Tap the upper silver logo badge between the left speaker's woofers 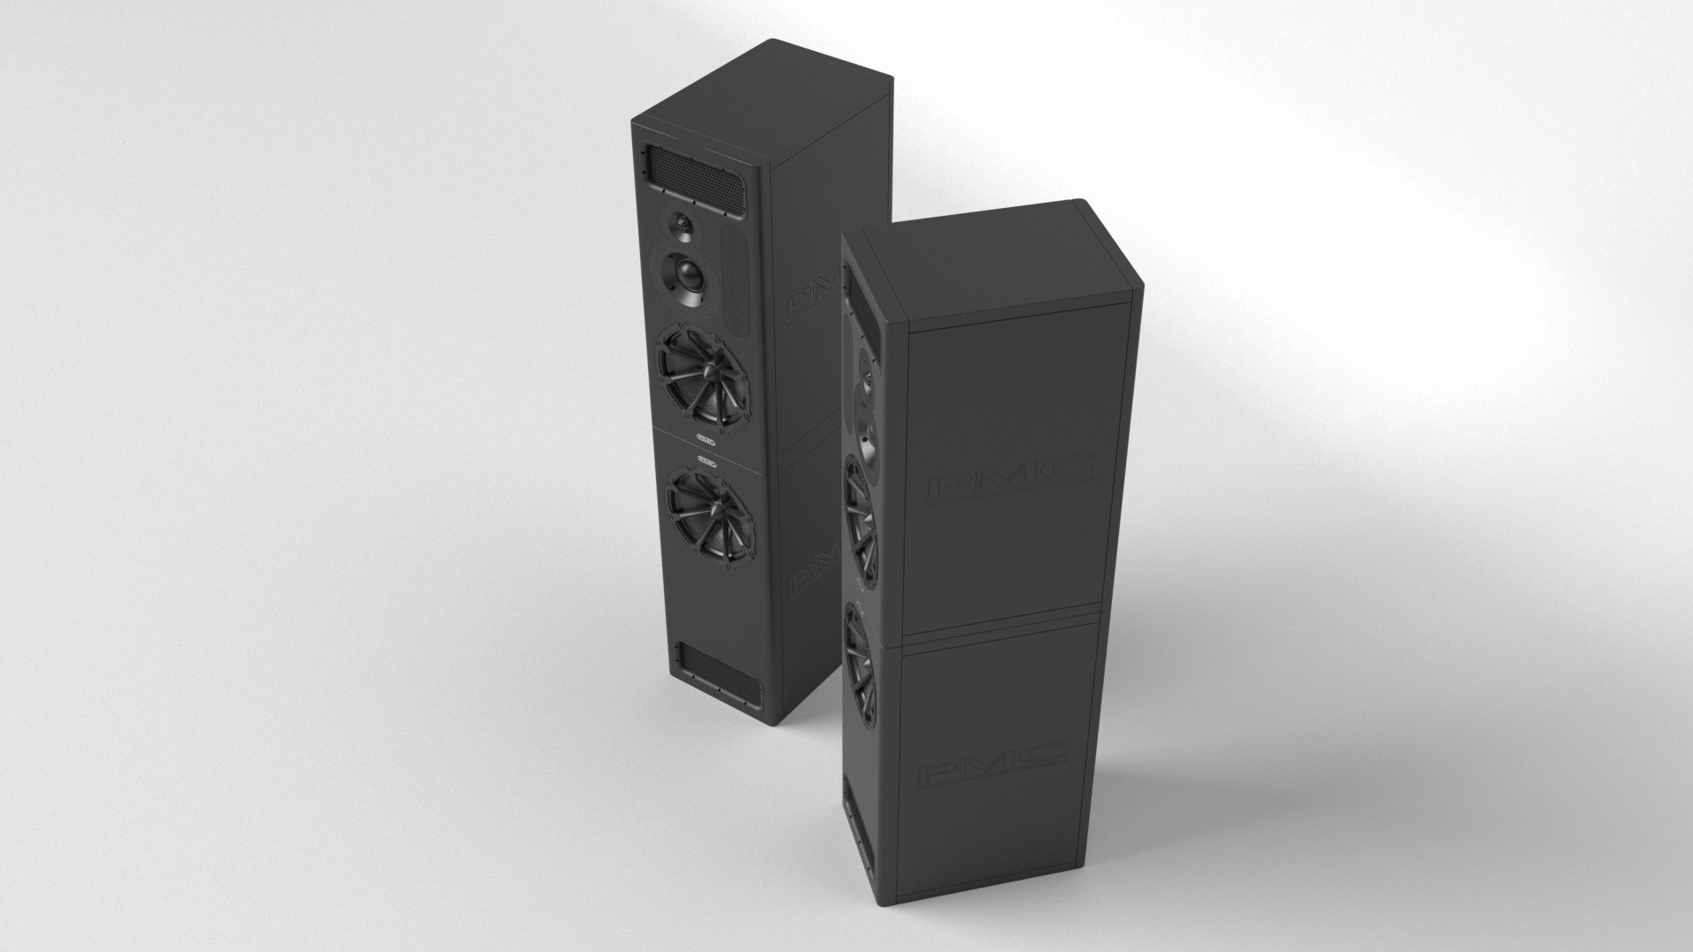pos(706,436)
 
